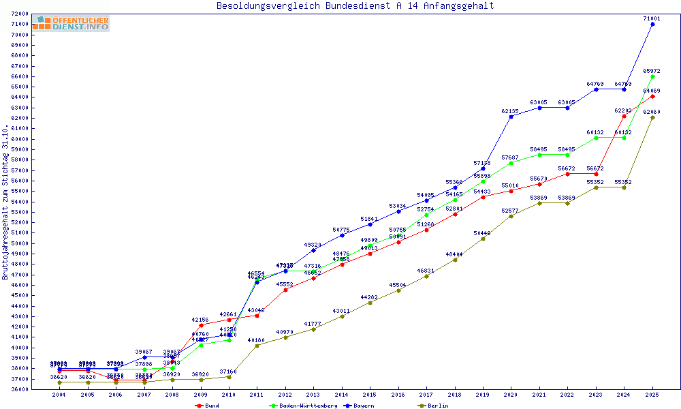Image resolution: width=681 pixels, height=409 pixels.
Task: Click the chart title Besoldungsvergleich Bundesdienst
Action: tap(355, 6)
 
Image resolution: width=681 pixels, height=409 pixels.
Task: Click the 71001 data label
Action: tap(652, 18)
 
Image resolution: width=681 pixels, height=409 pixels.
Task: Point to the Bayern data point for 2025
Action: tap(652, 24)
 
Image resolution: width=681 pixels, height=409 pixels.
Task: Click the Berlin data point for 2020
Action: tap(511, 216)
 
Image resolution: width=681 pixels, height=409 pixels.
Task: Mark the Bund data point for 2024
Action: tap(624, 116)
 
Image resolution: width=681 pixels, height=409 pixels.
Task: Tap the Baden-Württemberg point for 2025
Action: tap(652, 76)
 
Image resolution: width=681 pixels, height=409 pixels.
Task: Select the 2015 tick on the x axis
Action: tap(370, 395)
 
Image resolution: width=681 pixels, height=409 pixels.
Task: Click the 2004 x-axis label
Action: tap(60, 395)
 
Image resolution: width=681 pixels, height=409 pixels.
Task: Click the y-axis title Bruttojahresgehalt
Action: tap(5, 202)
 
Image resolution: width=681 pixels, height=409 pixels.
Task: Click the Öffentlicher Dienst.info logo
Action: tap(70, 23)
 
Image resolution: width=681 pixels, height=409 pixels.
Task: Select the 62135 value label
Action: tap(511, 111)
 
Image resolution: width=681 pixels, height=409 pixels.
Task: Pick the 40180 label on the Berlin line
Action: tap(256, 339)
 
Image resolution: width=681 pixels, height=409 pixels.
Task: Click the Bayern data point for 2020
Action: tap(511, 117)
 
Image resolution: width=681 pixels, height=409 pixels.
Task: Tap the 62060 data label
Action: tap(652, 111)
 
